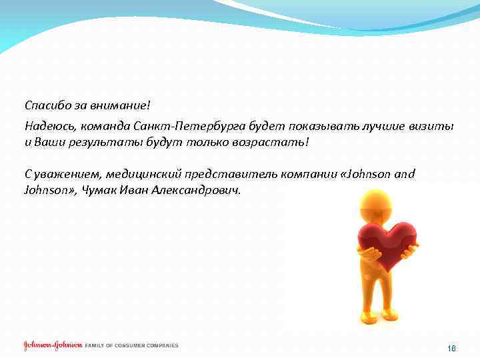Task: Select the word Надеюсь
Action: (49, 126)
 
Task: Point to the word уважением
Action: (66, 174)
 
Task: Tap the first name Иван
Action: (134, 190)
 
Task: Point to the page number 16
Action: (451, 349)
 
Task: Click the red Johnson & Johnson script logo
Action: (53, 346)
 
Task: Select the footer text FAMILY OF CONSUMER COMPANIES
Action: (131, 346)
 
